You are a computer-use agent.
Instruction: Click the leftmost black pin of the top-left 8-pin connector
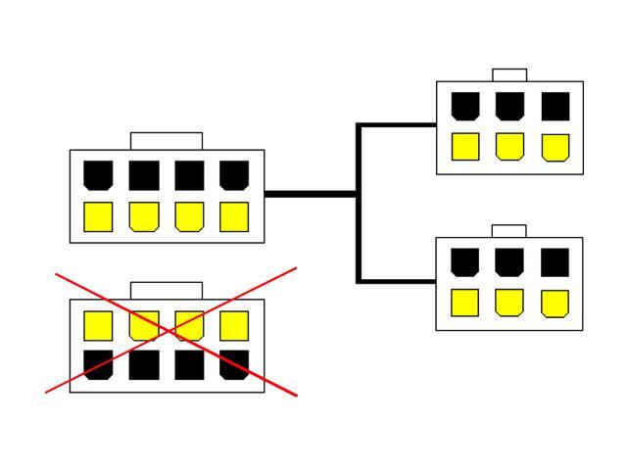click(98, 175)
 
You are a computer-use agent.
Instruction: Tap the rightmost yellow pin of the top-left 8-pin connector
click(234, 216)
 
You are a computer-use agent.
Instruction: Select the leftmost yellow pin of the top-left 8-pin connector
click(98, 216)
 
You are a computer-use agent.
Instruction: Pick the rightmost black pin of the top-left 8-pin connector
click(234, 175)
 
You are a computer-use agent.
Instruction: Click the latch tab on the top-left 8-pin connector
click(167, 141)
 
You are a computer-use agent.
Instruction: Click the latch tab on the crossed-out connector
click(167, 290)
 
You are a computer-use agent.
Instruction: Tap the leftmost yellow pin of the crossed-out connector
click(98, 325)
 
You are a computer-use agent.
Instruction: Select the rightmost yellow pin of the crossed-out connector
click(234, 325)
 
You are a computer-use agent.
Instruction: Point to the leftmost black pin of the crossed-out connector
click(98, 365)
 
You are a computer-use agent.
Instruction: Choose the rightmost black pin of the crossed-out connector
click(234, 365)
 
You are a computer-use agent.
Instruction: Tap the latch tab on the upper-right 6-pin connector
click(509, 74)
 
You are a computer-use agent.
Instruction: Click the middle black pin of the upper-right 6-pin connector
click(509, 106)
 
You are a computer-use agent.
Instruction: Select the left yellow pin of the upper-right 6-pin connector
click(465, 146)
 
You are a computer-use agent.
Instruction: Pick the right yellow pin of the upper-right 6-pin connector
click(555, 146)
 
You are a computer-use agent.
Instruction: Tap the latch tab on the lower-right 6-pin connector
click(509, 231)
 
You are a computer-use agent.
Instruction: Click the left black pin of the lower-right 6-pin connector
click(465, 261)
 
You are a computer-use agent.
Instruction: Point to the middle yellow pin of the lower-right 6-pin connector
click(509, 303)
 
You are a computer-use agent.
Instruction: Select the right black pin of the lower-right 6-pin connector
click(555, 261)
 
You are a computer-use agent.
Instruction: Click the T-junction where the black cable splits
click(359, 194)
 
